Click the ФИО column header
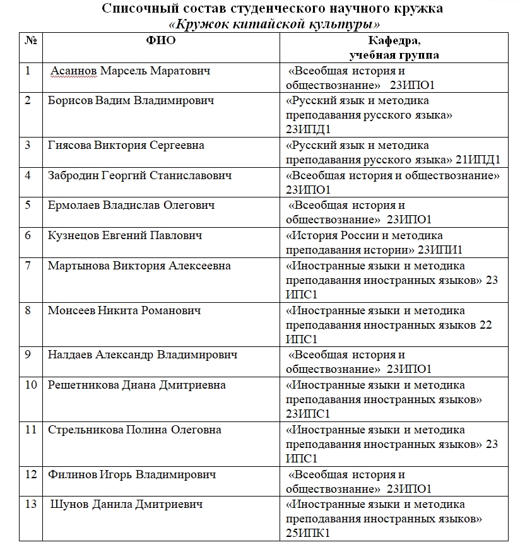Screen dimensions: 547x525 161,41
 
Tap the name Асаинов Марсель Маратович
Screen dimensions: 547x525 130,71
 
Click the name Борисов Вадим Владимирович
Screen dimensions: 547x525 131,100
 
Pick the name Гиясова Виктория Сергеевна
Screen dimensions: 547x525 126,145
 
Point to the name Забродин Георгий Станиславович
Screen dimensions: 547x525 140,175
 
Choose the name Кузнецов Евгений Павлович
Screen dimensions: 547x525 125,235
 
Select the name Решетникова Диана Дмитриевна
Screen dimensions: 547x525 136,385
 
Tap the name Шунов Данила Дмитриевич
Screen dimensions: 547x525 126,504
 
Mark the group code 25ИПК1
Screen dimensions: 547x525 305,533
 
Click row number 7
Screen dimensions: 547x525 28,266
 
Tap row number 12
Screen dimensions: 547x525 31,474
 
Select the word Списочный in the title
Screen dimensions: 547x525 134,9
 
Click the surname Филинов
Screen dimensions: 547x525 71,474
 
